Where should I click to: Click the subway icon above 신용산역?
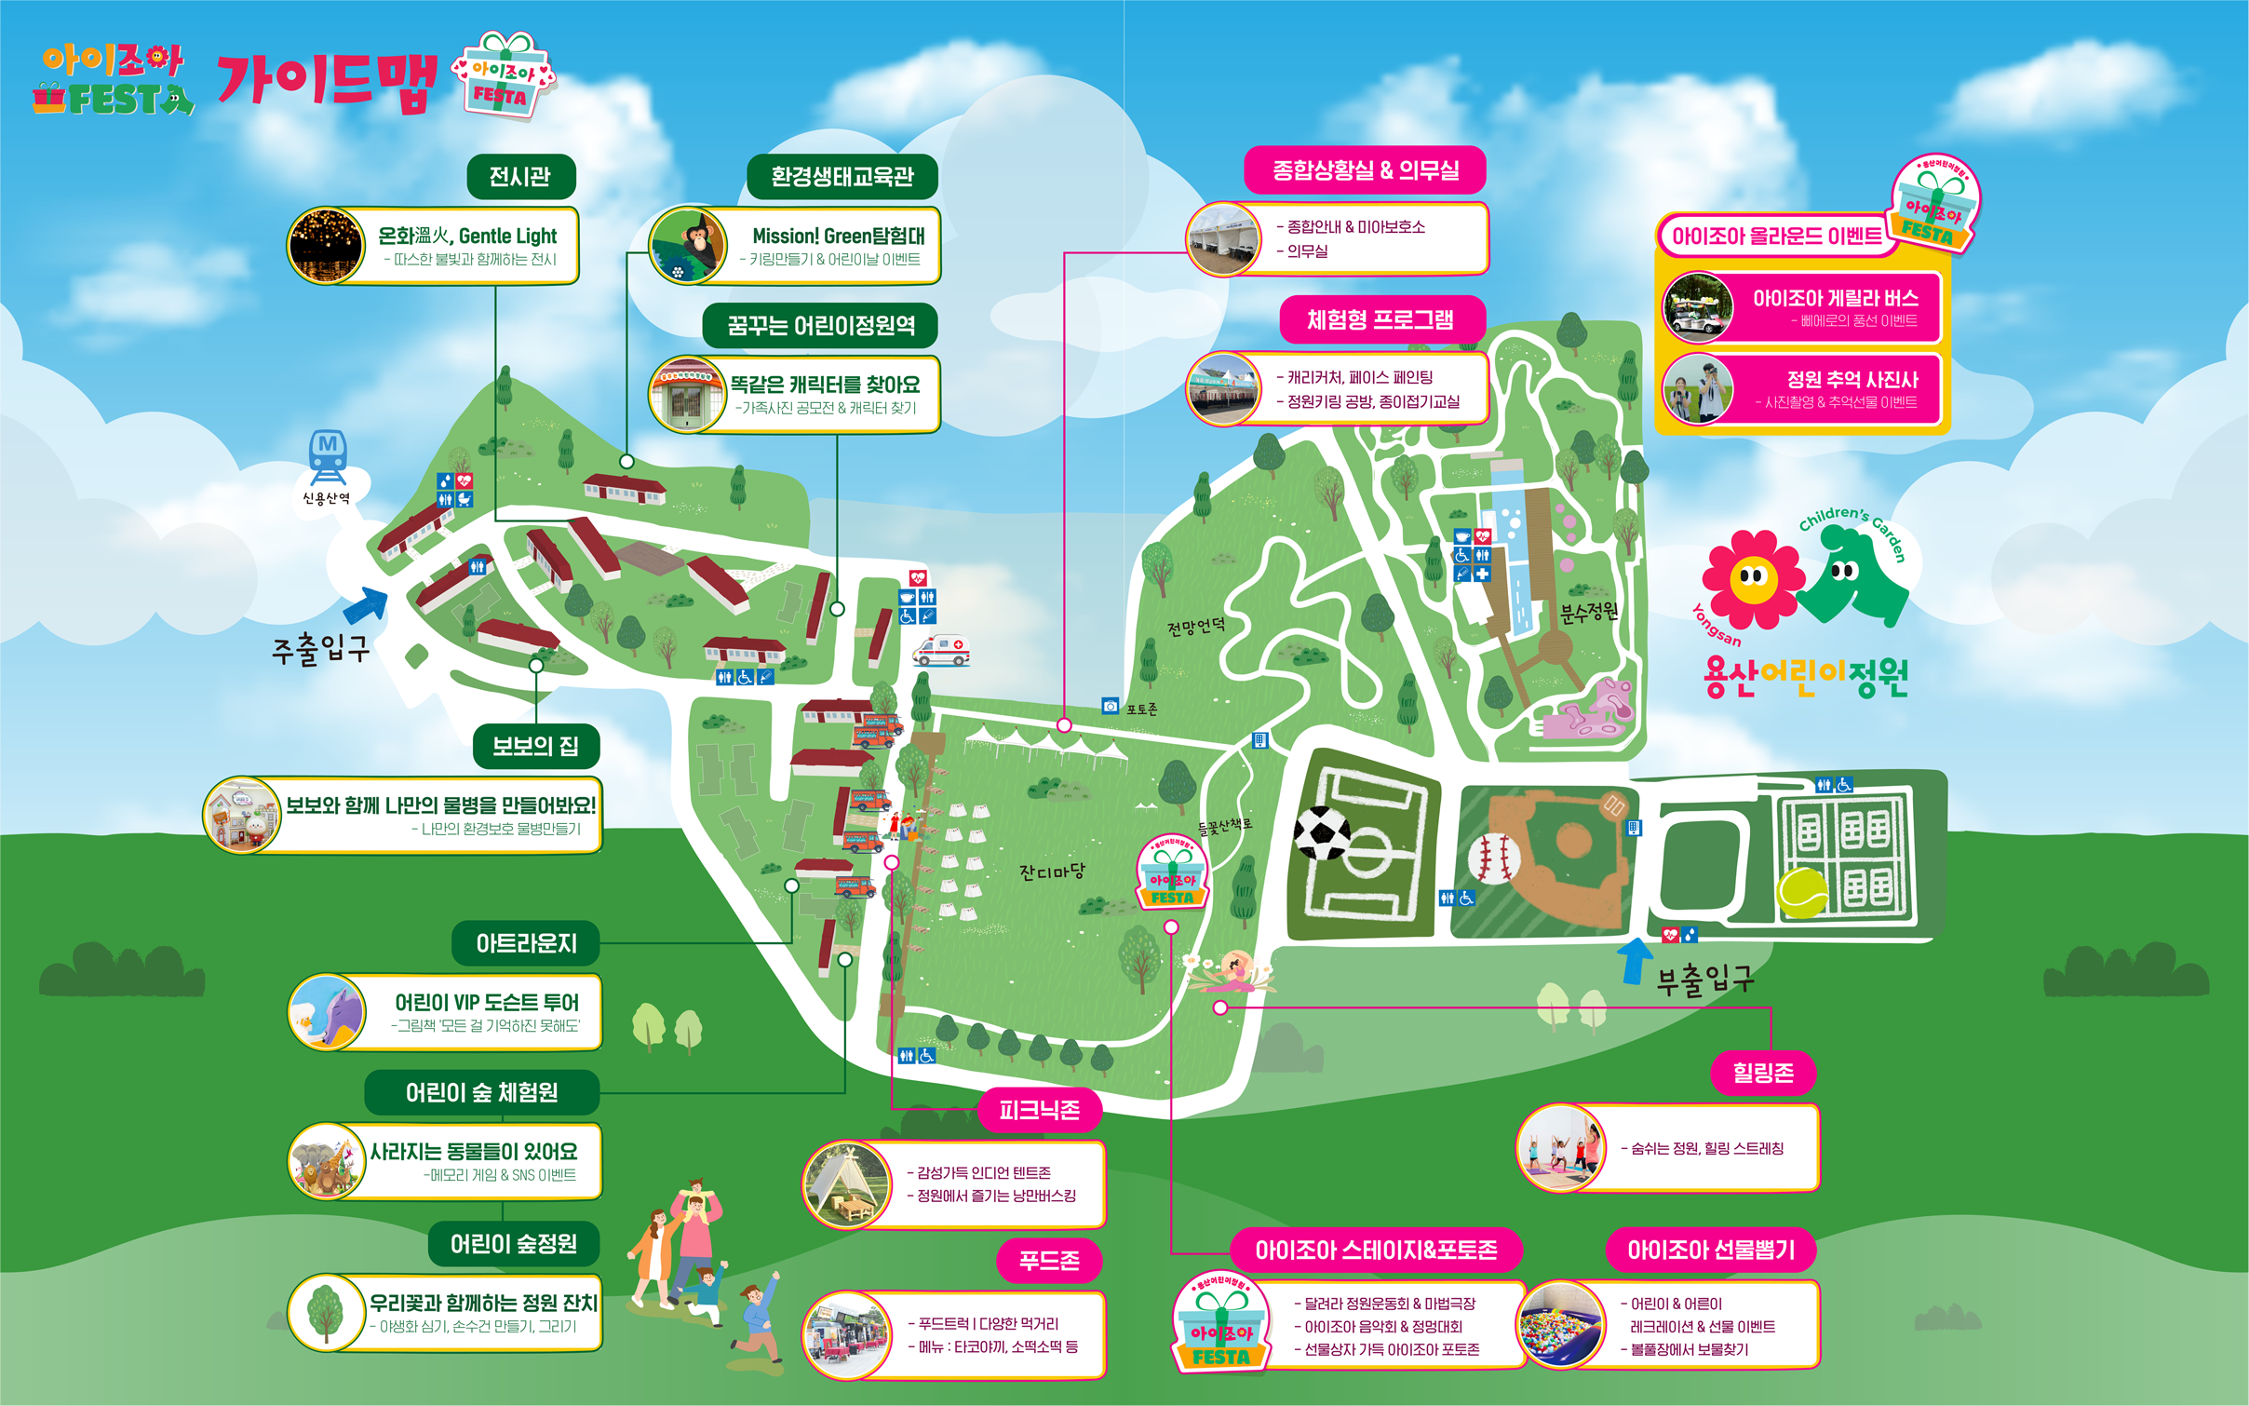(x=328, y=455)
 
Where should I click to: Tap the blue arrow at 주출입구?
(x=367, y=605)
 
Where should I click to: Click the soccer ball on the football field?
(x=1322, y=831)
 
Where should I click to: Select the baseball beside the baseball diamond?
(x=1494, y=858)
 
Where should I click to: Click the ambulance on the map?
(x=941, y=650)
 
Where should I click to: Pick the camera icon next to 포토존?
(x=1110, y=706)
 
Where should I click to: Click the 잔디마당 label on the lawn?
(x=1052, y=872)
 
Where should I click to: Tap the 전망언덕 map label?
(x=1196, y=627)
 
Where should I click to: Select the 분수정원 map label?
(x=1589, y=612)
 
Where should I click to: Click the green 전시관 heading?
(x=520, y=177)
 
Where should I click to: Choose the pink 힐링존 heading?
(x=1763, y=1074)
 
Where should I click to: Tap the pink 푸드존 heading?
(x=1049, y=1261)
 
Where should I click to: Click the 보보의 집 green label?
(x=535, y=747)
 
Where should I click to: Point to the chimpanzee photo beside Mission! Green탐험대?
(x=688, y=245)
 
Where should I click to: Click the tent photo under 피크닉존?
(x=846, y=1184)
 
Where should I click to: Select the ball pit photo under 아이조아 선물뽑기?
(x=1561, y=1325)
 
